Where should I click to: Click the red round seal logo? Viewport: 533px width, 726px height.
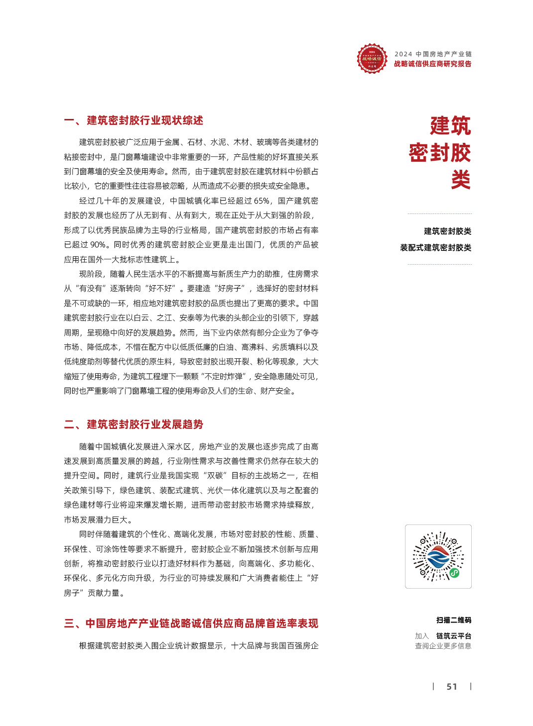coord(372,59)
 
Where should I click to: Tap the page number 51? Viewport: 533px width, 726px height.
coord(452,687)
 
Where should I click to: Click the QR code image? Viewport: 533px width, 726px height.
coord(438,556)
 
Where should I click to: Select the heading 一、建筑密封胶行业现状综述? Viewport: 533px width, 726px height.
coord(133,120)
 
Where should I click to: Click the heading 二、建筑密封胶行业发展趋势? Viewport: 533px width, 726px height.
coord(133,424)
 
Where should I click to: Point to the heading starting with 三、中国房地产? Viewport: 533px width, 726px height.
coord(191,623)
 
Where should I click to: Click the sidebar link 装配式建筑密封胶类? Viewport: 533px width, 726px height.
coord(435,248)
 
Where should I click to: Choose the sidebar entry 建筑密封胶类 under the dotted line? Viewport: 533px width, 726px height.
coord(447,231)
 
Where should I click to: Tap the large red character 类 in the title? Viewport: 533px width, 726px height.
coord(461,180)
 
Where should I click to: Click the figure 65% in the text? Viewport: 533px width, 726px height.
coord(262,201)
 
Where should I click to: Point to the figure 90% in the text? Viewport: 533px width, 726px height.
coord(98,245)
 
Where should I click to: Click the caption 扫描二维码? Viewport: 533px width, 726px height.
coord(453,620)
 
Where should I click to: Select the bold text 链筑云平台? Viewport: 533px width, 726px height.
coord(453,636)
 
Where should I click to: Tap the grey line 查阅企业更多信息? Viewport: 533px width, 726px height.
coord(443,646)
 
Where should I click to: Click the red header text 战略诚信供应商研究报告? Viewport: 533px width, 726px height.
coord(432,64)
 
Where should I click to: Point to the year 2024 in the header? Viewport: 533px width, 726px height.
coord(403,54)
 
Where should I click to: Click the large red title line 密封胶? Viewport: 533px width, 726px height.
coord(440,153)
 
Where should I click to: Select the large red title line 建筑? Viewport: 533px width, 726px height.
coord(450,125)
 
